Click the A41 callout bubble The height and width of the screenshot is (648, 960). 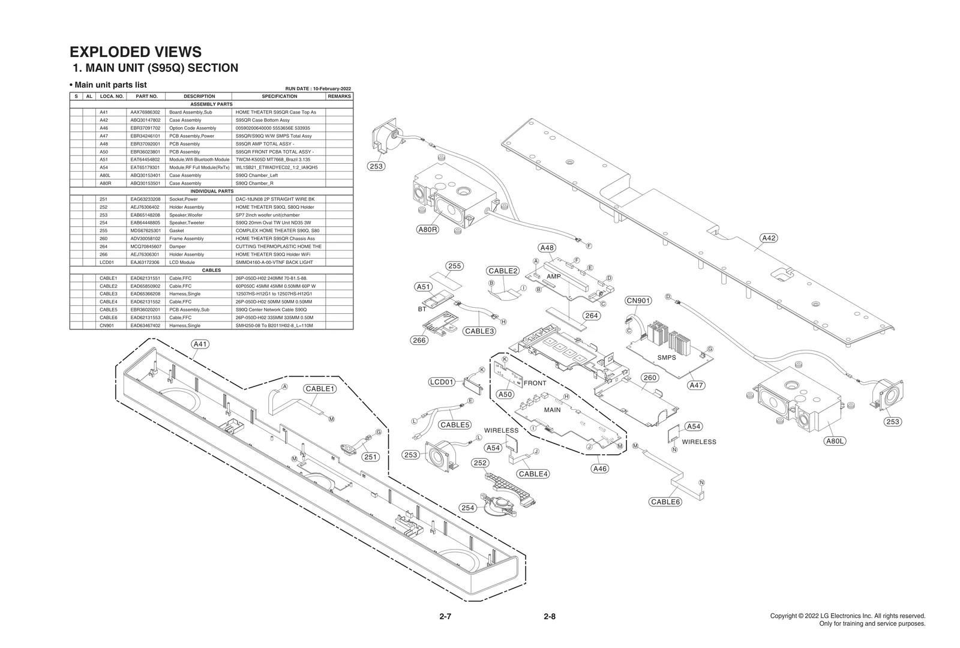coord(200,344)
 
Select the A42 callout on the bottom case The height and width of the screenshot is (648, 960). coord(769,238)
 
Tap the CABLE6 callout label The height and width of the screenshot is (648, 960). coord(665,502)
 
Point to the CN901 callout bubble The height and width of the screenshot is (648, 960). coord(638,301)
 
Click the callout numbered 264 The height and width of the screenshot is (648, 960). coord(592,316)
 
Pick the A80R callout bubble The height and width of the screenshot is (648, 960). coord(427,229)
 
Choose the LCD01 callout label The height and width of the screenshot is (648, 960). coord(442,382)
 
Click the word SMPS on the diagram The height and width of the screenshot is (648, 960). coord(666,358)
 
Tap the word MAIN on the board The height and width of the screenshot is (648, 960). coord(552,410)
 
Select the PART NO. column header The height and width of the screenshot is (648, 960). coord(146,96)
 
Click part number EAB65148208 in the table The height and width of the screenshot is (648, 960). coord(145,215)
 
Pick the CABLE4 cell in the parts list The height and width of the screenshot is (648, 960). coord(108,302)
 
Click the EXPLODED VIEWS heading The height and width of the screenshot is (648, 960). coord(136,52)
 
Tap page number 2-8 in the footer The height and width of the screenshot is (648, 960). coord(549,616)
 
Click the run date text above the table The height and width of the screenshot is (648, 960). coord(318,89)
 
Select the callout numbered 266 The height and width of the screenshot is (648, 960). coord(419,340)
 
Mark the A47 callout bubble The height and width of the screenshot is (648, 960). coord(696,385)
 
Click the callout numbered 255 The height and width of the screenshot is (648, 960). coord(454,266)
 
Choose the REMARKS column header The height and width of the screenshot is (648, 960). coord(339,96)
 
